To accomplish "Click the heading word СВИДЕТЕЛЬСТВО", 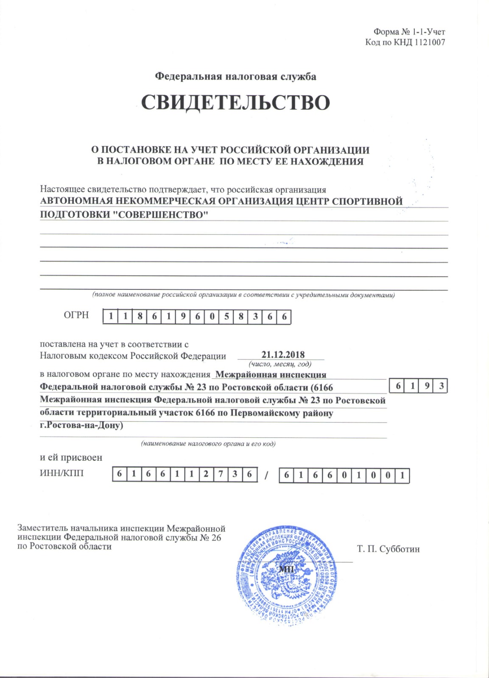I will point(235,103).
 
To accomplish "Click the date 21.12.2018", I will point(283,355).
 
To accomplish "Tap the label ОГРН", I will point(76,315).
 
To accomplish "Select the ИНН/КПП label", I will point(62,473).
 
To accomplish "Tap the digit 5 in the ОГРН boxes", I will point(226,317).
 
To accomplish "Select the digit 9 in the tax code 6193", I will point(427,386).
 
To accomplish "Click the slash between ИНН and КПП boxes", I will point(266,475).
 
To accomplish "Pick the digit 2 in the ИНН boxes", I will point(206,474).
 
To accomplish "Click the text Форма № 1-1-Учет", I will point(409,32).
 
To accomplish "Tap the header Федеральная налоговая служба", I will point(235,76).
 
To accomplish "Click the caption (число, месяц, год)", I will point(280,364).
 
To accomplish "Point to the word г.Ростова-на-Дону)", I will point(81,425).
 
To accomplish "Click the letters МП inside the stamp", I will point(286,569).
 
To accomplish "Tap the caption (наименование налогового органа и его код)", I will point(208,444).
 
